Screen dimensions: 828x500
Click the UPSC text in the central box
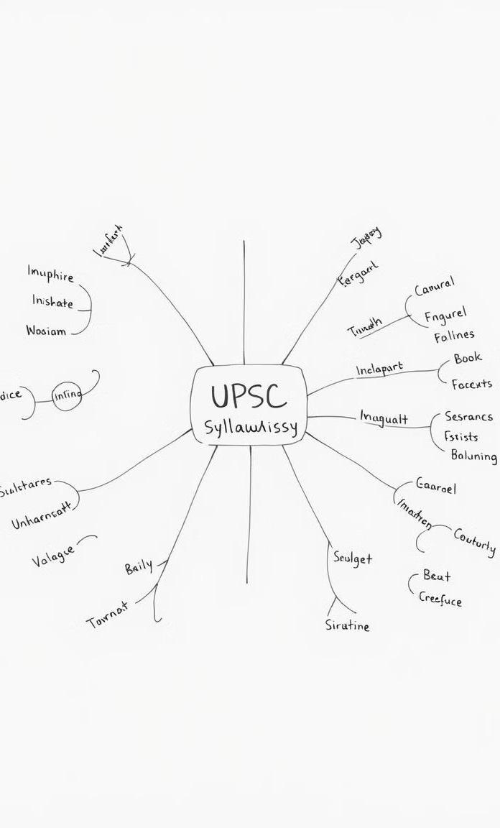click(x=248, y=397)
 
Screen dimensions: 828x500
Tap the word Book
click(x=468, y=358)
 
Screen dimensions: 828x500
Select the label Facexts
click(x=471, y=384)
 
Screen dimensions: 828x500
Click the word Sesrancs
click(x=468, y=416)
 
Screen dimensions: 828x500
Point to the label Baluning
click(x=473, y=456)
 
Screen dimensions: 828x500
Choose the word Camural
click(x=435, y=287)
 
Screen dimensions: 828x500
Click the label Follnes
click(x=453, y=336)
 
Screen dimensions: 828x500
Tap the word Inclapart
click(x=379, y=369)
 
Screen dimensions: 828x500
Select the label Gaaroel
click(x=436, y=487)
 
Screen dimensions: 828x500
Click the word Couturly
click(x=474, y=541)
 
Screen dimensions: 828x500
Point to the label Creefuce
click(x=440, y=599)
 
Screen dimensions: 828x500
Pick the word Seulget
click(x=353, y=558)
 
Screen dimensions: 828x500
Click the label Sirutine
click(x=348, y=625)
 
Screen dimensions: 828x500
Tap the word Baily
click(x=139, y=567)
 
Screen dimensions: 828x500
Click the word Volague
click(x=52, y=556)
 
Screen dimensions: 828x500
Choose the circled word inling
click(x=67, y=395)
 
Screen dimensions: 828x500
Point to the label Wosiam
click(x=46, y=331)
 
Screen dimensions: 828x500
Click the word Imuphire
click(x=50, y=274)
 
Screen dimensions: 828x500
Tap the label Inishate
click(x=52, y=303)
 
